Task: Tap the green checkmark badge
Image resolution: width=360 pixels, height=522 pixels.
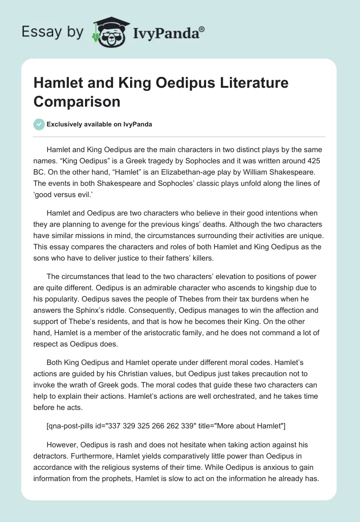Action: pos(39,125)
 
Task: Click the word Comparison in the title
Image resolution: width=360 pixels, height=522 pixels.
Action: pos(77,101)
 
